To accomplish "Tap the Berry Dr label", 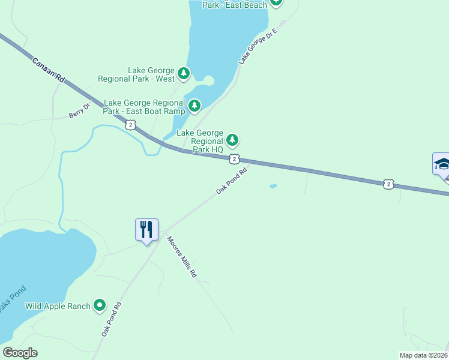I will [x=79, y=110].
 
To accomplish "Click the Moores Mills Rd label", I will [x=182, y=257].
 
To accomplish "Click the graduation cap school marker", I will [x=442, y=164].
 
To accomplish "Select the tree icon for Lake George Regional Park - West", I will [x=184, y=74].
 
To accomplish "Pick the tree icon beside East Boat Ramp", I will [x=194, y=107].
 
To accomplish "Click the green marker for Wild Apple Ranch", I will [x=100, y=306].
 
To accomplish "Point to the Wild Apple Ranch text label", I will [x=58, y=306].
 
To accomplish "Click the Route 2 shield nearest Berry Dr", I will [x=130, y=124].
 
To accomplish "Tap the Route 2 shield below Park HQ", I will [x=234, y=159].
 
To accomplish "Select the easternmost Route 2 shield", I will [x=389, y=184].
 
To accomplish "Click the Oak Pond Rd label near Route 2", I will [x=232, y=181].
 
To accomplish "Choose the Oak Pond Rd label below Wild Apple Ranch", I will [x=111, y=319].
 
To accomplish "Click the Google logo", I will [x=20, y=353].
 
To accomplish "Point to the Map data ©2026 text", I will [x=423, y=355].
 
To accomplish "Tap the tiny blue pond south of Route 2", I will [x=273, y=187].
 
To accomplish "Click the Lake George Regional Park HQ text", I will [x=200, y=141].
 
